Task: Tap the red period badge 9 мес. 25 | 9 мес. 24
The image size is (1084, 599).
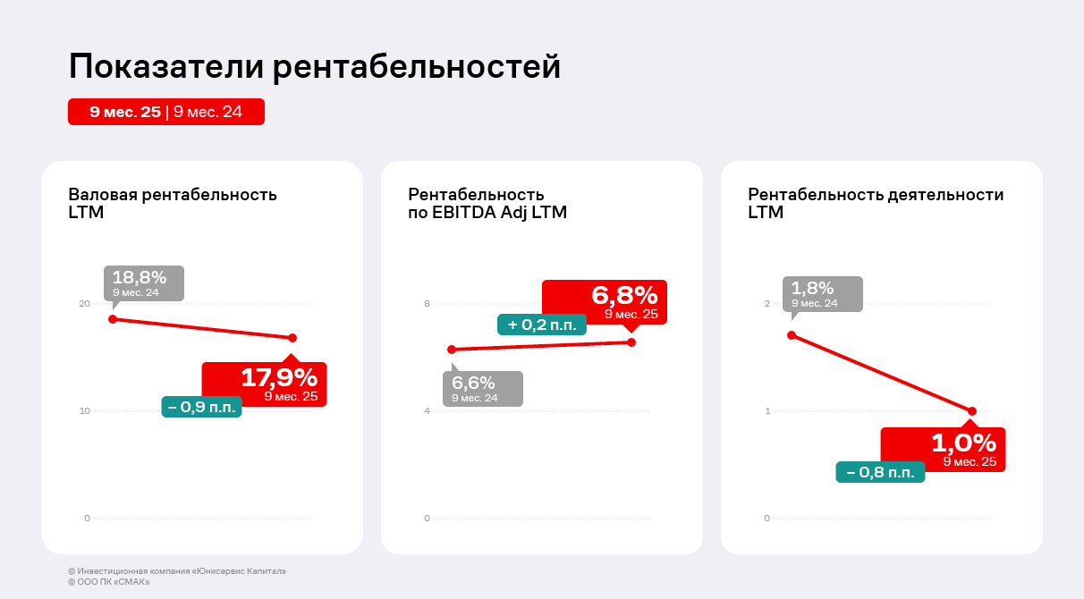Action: (166, 112)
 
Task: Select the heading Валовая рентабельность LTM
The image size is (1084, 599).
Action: (173, 203)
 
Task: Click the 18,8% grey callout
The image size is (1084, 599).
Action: (143, 283)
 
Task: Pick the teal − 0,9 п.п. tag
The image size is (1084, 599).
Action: (201, 407)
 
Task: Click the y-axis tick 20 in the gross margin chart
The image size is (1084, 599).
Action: (85, 304)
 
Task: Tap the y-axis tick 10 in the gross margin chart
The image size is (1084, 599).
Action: (85, 411)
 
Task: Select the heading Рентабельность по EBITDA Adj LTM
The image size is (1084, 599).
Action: (487, 203)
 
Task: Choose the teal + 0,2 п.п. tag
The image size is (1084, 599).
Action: (542, 325)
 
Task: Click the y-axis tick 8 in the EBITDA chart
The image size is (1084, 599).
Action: (428, 304)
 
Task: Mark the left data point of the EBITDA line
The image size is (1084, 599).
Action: (452, 350)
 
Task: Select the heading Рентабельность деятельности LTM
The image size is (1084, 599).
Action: (876, 203)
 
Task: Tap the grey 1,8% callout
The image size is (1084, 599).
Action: (823, 293)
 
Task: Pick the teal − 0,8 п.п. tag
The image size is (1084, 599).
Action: (880, 472)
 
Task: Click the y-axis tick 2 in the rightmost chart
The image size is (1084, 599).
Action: (766, 304)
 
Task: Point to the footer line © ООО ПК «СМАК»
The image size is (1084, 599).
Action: (109, 582)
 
